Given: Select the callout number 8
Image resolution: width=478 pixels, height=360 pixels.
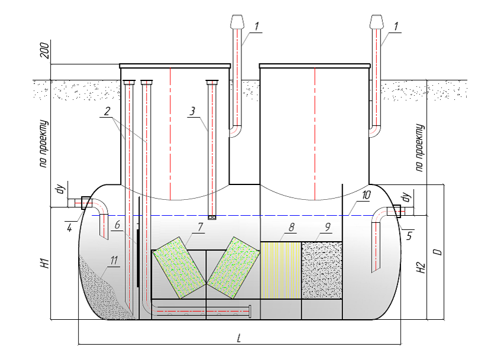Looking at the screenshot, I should point(291,226).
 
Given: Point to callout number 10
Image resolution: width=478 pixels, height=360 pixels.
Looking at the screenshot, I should point(366,194).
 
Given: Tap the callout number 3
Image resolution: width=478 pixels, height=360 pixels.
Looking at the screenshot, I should point(193,111).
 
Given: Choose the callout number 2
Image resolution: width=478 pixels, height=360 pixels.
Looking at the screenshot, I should point(106,111).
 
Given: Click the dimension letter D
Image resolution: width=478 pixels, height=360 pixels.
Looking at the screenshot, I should point(437,251).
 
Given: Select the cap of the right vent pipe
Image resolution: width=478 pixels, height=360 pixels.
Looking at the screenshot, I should point(376,21).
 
